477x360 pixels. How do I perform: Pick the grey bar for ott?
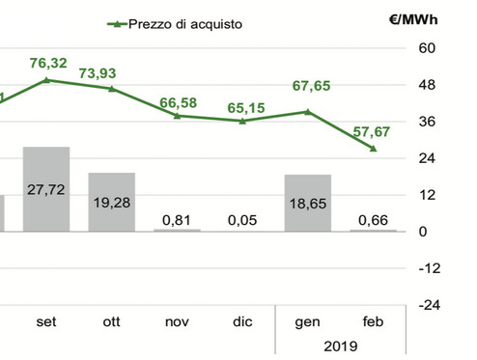point(112,202)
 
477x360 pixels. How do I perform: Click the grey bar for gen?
point(308,203)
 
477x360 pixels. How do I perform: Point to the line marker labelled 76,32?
point(46,80)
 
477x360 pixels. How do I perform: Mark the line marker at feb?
point(374,148)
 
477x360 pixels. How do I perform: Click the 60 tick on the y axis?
point(429,48)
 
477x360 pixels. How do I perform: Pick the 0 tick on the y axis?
point(424,231)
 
